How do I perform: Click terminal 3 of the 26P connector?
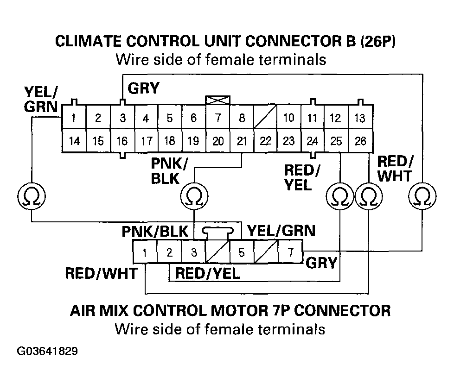(122, 117)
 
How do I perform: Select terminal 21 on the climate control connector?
(242, 141)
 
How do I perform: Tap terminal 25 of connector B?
(336, 141)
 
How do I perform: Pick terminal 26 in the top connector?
(360, 141)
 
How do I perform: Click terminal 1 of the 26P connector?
(74, 117)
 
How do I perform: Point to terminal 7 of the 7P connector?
(290, 252)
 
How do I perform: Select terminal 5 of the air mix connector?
(242, 252)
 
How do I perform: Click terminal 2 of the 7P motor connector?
(169, 252)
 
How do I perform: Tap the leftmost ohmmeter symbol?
(31, 196)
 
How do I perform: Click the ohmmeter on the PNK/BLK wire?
(194, 196)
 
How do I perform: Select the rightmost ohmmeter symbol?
(422, 196)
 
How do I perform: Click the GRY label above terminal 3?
(143, 88)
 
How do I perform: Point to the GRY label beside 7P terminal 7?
(321, 263)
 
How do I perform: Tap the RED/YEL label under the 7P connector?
(208, 273)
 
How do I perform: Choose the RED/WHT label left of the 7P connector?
(101, 273)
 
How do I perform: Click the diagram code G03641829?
(47, 351)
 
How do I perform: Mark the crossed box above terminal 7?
(218, 100)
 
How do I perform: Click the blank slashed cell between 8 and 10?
(265, 117)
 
